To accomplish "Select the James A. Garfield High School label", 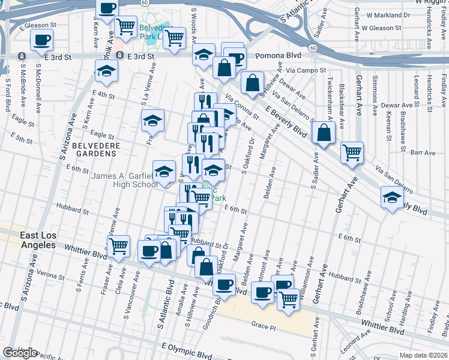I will tap(124, 180).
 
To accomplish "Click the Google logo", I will tap(20, 352).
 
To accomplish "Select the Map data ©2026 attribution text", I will tap(424, 355).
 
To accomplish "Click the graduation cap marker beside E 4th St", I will tap(106, 70).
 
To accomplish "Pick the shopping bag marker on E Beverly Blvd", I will tap(324, 134).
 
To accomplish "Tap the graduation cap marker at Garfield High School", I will tap(164, 171).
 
